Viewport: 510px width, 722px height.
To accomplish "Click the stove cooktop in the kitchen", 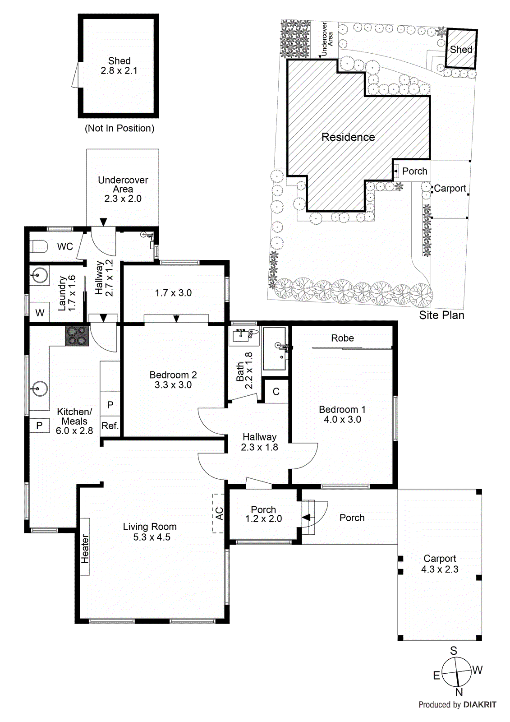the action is click(77, 336).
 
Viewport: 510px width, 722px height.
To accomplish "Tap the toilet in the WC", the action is click(39, 247).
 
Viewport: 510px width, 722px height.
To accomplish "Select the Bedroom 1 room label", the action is click(342, 414).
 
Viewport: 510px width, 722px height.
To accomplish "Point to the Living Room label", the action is click(150, 532).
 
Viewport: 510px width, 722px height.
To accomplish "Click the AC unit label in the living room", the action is click(219, 514).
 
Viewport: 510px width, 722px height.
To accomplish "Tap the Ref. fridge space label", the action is click(110, 426).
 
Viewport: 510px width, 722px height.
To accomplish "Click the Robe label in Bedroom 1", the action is click(342, 338).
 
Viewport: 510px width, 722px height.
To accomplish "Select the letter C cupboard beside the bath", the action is click(276, 392).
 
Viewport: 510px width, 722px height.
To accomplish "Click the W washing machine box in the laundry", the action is click(40, 312).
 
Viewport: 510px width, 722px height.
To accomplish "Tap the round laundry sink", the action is click(39, 275).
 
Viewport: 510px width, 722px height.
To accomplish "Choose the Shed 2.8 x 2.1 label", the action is click(119, 65).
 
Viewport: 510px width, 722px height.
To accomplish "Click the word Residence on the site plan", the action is click(348, 137).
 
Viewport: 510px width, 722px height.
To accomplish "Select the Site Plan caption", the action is click(442, 315).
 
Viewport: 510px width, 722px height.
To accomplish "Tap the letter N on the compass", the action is click(459, 692).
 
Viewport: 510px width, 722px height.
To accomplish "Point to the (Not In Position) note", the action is click(119, 128).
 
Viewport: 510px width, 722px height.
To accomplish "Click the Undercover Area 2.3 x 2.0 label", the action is click(123, 189).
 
